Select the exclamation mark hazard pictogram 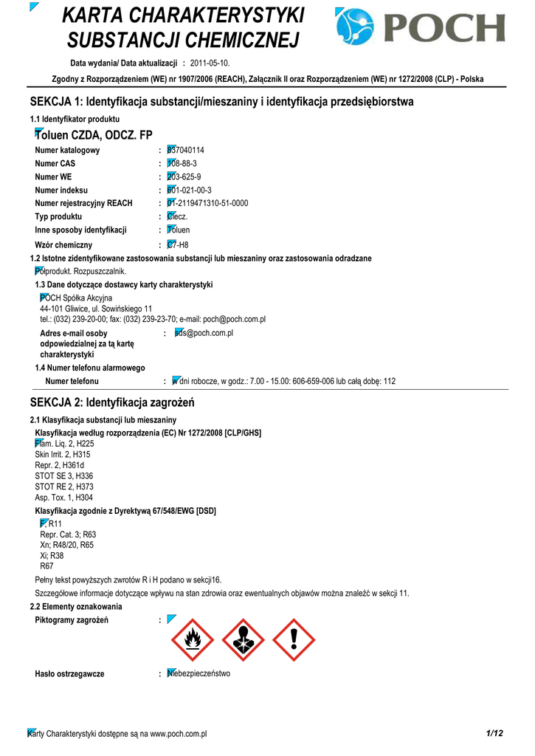coord(293,639)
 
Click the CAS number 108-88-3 coord(182,163)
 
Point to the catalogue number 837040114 coord(186,150)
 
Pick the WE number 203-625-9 coord(184,177)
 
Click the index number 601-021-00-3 coord(189,190)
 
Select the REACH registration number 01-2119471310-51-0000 coord(207,203)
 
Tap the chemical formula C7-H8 coord(178,244)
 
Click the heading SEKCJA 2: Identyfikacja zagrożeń coord(111,402)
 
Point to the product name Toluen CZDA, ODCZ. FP coord(94,135)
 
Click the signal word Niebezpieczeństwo coord(199,673)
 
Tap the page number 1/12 coord(494,733)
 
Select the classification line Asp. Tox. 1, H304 coord(64,498)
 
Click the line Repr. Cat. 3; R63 coord(68,534)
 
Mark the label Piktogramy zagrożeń coord(72,619)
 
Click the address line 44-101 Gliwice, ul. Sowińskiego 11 coord(96,309)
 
